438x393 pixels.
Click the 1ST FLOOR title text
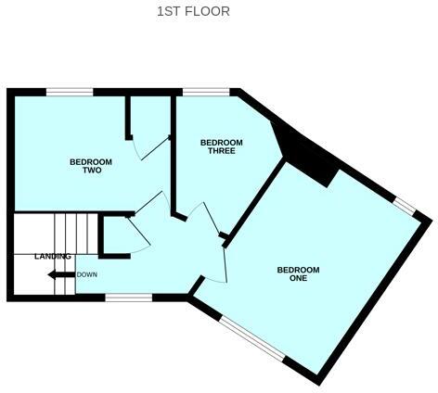click(x=193, y=12)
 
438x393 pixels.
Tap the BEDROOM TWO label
click(x=91, y=166)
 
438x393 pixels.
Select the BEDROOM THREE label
click(x=222, y=146)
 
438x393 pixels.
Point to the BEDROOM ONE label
click(x=298, y=274)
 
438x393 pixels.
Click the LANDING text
click(x=53, y=256)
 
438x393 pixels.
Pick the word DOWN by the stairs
click(x=87, y=274)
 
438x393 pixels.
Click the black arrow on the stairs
click(x=61, y=274)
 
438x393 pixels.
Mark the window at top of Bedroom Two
click(x=70, y=91)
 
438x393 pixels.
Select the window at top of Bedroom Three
click(x=206, y=91)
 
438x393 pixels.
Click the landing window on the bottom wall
click(x=128, y=298)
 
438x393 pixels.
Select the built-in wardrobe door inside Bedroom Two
click(x=151, y=148)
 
